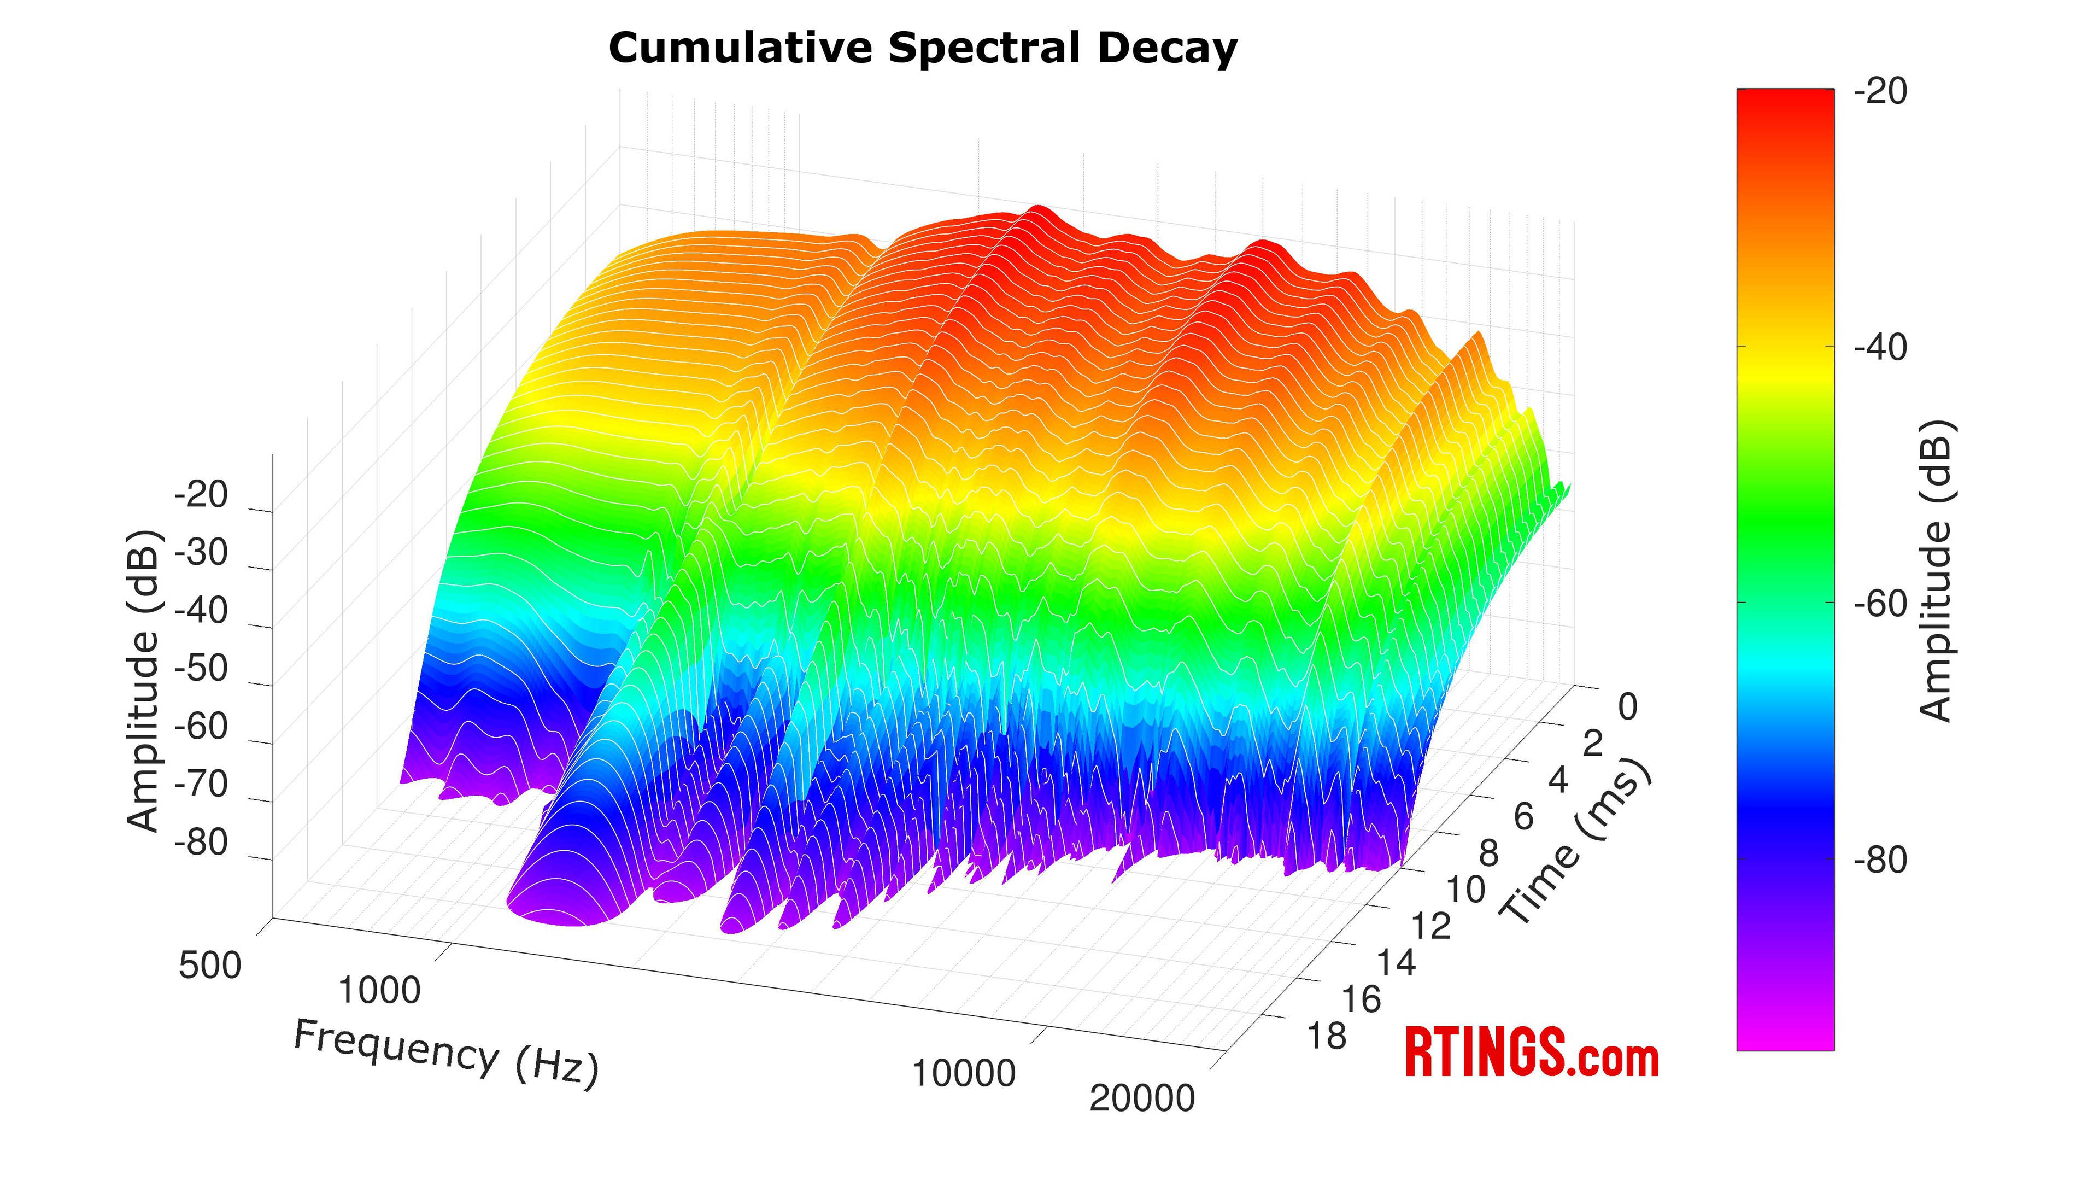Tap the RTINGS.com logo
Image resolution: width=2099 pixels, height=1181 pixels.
tap(1531, 1053)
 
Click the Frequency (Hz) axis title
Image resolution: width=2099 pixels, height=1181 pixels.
tap(445, 1053)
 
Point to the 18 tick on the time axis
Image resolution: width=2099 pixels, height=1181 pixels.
tap(1327, 1037)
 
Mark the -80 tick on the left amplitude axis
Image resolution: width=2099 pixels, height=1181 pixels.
tap(201, 842)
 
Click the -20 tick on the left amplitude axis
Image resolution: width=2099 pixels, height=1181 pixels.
tap(201, 495)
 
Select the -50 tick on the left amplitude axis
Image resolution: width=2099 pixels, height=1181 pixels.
tap(201, 668)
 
